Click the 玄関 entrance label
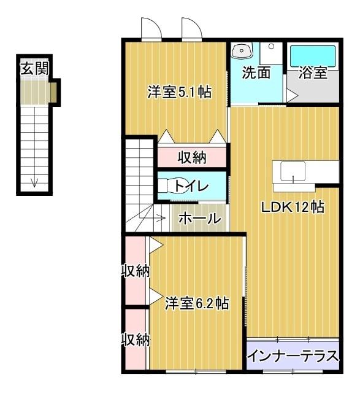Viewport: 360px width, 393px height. point(34,68)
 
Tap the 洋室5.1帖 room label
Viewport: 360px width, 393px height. point(180,93)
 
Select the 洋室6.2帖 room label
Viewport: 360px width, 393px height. point(197,303)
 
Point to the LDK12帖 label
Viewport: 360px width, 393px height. point(293,207)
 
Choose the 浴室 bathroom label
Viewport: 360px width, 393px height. point(312,72)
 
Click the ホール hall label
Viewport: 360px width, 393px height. point(199,218)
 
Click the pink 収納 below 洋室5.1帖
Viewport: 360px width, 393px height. point(192,158)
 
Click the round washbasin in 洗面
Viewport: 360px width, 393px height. point(242,50)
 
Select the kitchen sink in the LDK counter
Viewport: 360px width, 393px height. point(297,171)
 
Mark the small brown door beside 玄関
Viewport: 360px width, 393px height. point(53,93)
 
